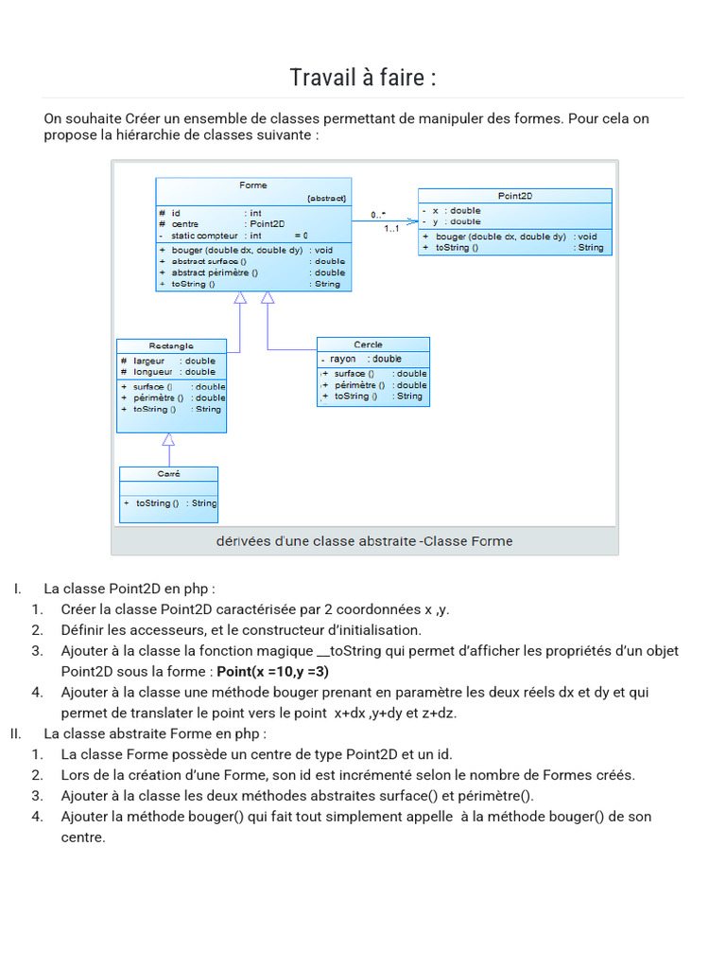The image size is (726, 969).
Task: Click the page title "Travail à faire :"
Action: coord(363,77)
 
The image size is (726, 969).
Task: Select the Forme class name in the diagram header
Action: coord(253,185)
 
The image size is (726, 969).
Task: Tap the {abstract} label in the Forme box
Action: coord(327,199)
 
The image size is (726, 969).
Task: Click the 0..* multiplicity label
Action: coord(378,215)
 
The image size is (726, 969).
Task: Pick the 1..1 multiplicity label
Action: coord(391,229)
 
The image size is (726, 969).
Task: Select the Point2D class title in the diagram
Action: coord(515,196)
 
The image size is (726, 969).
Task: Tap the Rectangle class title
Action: coord(171,346)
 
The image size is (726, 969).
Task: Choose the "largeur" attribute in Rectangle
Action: coord(149,361)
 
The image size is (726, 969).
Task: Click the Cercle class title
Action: coord(368,344)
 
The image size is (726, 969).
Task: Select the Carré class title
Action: coord(168,474)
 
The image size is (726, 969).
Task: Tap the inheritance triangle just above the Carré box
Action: coord(168,439)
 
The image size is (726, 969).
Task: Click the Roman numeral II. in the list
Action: coord(16,733)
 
